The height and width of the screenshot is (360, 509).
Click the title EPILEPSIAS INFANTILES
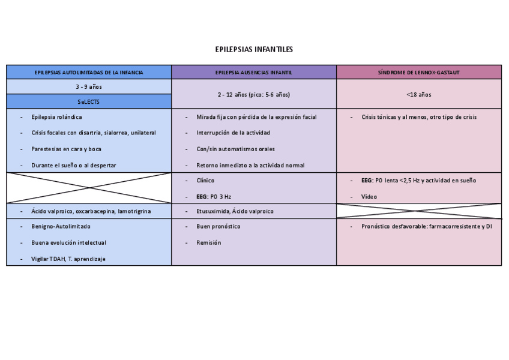254,49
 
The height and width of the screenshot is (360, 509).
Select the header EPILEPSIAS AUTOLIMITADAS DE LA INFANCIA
89,73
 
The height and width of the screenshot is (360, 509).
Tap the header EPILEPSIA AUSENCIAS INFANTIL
254,73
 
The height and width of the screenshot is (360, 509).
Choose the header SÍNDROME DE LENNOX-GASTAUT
418,73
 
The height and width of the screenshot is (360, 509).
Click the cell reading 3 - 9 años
89,87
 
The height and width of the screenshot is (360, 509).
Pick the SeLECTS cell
89,102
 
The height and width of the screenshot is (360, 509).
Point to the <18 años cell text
418,95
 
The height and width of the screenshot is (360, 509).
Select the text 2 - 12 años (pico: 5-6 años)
254,95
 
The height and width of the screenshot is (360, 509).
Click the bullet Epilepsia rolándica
57,117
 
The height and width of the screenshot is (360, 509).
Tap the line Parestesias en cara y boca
66,149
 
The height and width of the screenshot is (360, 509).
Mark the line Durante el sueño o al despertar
74,165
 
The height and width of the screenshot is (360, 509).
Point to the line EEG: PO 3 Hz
214,196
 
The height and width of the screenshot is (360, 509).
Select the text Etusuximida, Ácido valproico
235,211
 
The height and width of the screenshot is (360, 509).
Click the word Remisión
208,242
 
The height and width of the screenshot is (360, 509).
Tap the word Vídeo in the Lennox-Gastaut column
369,196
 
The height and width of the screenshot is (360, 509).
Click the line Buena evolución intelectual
68,242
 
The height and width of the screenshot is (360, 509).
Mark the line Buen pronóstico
218,226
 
